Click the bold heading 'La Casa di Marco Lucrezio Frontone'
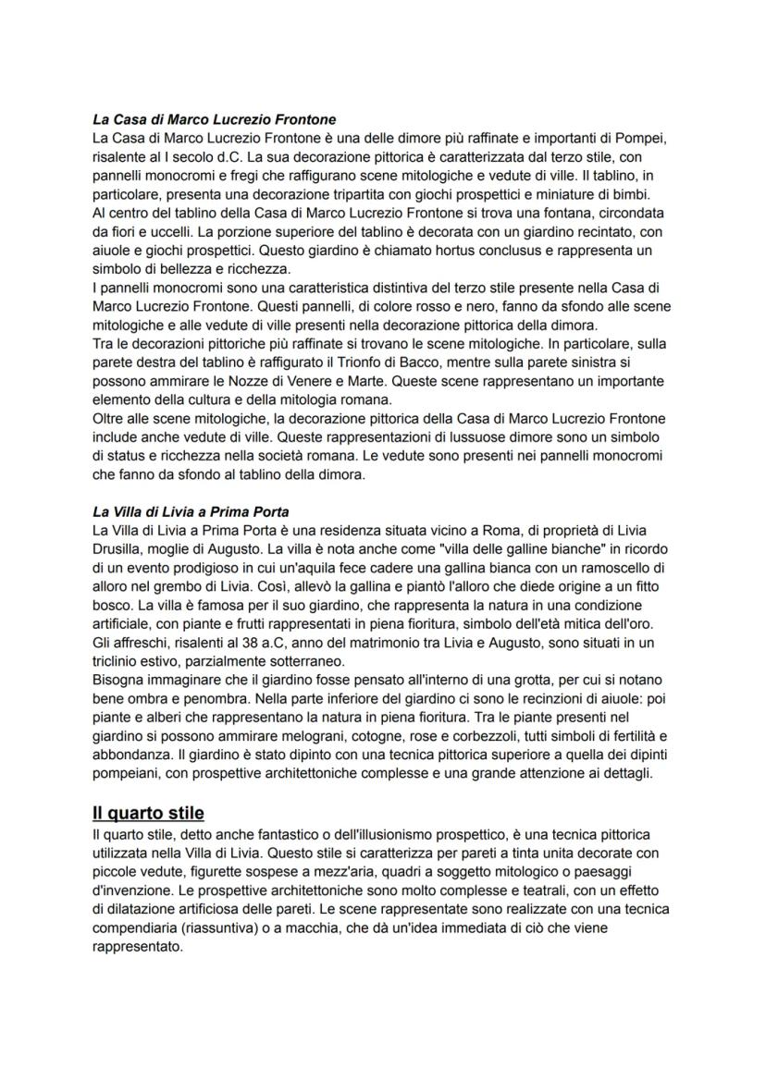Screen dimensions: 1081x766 pos(214,120)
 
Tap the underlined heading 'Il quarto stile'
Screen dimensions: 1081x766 pos(148,814)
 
